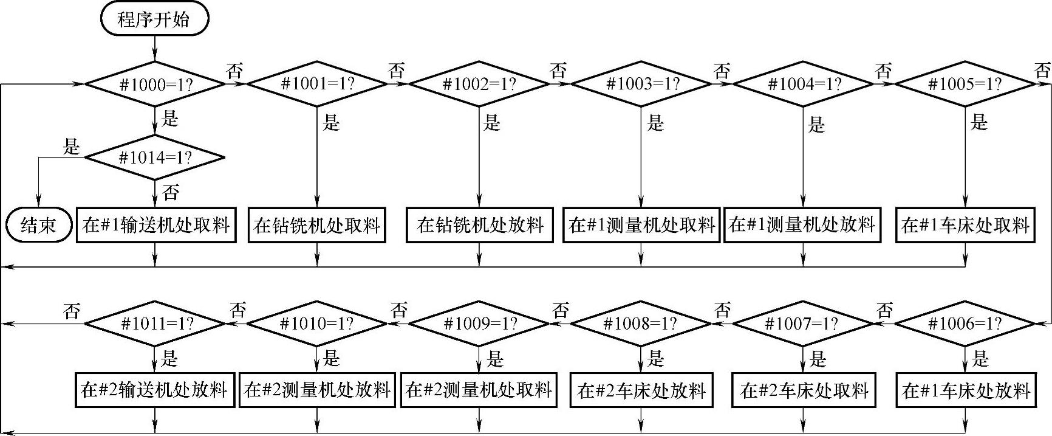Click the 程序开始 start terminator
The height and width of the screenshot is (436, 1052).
click(154, 19)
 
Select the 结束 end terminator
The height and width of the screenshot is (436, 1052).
click(38, 226)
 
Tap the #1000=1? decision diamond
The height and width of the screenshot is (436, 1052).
click(155, 84)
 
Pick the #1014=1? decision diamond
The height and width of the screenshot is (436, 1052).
click(155, 157)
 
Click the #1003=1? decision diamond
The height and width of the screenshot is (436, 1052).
click(641, 84)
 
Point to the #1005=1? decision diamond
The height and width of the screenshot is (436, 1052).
click(965, 84)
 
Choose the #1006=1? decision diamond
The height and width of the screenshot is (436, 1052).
click(965, 324)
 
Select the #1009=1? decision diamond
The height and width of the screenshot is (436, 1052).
click(479, 324)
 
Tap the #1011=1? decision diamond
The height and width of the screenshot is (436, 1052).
click(155, 324)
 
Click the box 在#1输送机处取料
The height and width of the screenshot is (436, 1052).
click(156, 226)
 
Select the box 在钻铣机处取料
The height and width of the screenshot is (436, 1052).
click(317, 226)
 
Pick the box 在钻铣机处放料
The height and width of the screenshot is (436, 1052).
click(479, 226)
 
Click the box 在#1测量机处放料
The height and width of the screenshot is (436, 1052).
click(802, 226)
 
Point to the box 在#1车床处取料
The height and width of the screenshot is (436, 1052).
click(965, 226)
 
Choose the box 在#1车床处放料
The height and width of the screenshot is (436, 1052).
click(966, 390)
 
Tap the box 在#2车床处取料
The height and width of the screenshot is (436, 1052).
click(804, 390)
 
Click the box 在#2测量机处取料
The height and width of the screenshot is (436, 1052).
click(479, 390)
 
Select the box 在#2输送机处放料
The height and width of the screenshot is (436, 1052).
click(155, 390)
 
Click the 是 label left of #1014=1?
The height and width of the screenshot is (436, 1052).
click(72, 147)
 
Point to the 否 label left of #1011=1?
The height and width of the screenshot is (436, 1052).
click(72, 311)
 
